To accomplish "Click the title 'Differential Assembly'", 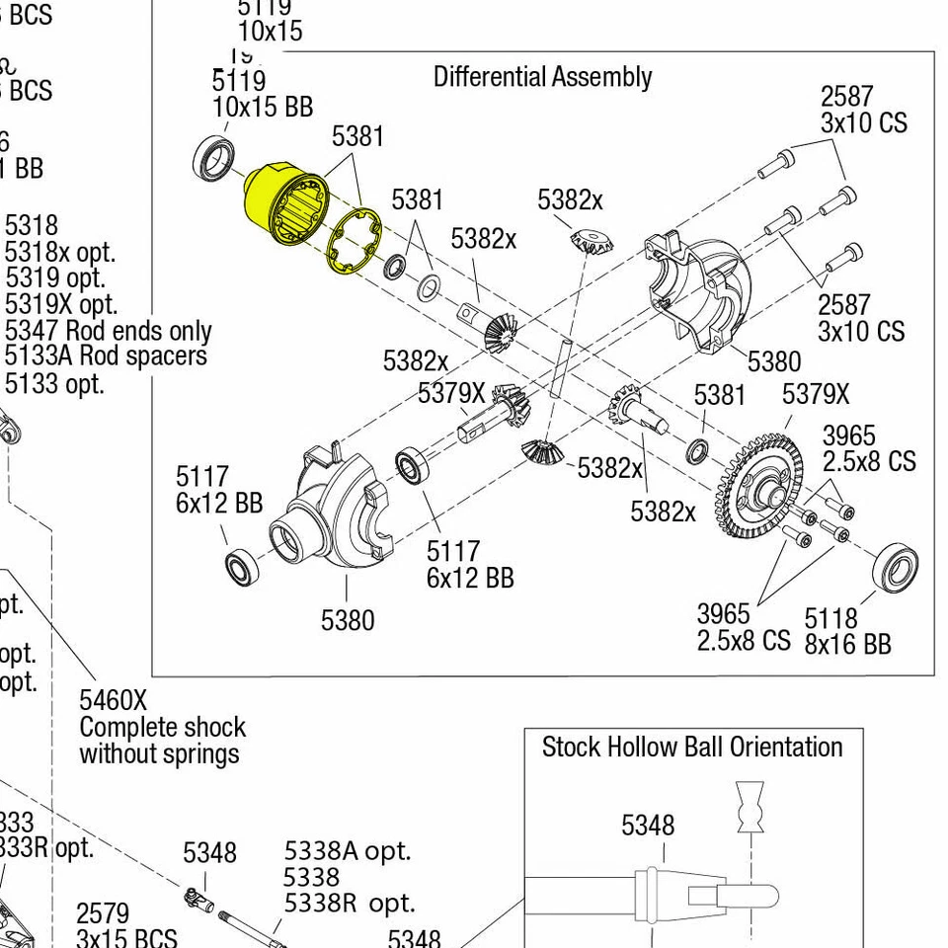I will pyautogui.click(x=542, y=77).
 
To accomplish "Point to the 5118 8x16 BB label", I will pyautogui.click(x=846, y=631).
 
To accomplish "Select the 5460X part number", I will pyautogui.click(x=113, y=700).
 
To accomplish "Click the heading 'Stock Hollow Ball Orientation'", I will pyautogui.click(x=691, y=747).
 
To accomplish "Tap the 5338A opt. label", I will pyautogui.click(x=347, y=850).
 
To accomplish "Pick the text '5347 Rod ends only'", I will pyautogui.click(x=108, y=330).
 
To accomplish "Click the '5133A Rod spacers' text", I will pyautogui.click(x=106, y=355).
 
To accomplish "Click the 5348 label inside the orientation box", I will pyautogui.click(x=647, y=825).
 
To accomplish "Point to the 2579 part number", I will pyautogui.click(x=103, y=912).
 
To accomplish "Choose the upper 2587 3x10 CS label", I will pyautogui.click(x=862, y=110).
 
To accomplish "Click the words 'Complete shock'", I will pyautogui.click(x=162, y=728).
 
